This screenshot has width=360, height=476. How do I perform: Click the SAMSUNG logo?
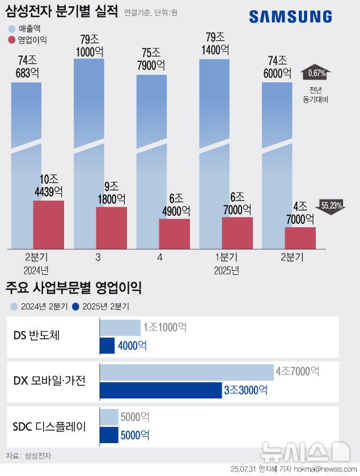pyautogui.click(x=290, y=17)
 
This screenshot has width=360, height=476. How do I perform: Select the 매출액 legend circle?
pyautogui.click(x=12, y=28)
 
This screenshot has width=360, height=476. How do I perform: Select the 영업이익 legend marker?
pyautogui.click(x=12, y=40)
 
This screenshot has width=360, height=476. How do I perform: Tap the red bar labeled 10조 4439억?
pyautogui.click(x=48, y=224)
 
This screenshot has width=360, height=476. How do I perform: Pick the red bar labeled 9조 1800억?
pyautogui.click(x=111, y=227)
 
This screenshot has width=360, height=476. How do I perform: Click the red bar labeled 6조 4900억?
pyautogui.click(x=174, y=233)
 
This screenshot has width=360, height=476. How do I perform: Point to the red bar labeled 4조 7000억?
pyautogui.click(x=300, y=237)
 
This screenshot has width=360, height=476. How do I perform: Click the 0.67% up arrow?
pyautogui.click(x=316, y=73)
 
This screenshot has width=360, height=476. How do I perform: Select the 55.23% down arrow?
pyautogui.click(x=332, y=206)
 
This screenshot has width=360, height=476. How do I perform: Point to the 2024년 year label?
pyautogui.click(x=36, y=270)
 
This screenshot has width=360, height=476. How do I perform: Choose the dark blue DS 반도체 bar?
pyautogui.click(x=107, y=346)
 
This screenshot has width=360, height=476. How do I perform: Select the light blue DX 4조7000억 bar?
pyautogui.click(x=187, y=372)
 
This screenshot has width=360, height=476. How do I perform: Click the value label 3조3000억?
pyautogui.click(x=244, y=390)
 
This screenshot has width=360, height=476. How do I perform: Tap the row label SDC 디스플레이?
pyautogui.click(x=49, y=426)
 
